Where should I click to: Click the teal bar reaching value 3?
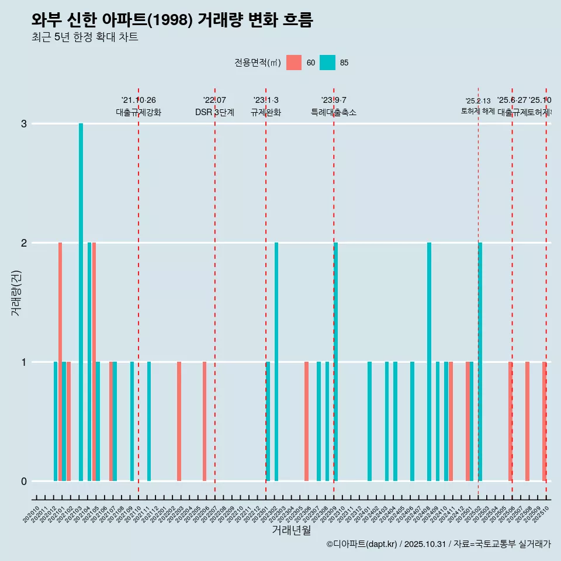click(x=81, y=302)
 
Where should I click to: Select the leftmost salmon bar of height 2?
click(x=60, y=362)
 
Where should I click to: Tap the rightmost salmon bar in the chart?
click(x=544, y=421)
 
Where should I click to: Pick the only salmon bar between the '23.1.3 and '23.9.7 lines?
click(x=306, y=421)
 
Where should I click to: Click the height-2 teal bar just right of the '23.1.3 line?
click(x=276, y=362)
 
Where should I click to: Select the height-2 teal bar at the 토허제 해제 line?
click(x=480, y=362)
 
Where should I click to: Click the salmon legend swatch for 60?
click(x=294, y=63)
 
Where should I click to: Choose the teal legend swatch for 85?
click(x=327, y=63)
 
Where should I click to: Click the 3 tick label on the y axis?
click(x=24, y=124)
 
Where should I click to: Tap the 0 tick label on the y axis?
click(x=24, y=482)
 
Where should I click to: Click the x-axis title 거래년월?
click(x=291, y=531)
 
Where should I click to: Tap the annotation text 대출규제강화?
click(x=138, y=112)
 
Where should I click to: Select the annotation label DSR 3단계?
click(x=214, y=112)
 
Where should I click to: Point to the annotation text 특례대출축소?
click(x=334, y=112)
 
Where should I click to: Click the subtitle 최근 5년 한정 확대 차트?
click(x=85, y=37)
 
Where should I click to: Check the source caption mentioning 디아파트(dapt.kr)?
click(x=438, y=544)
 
